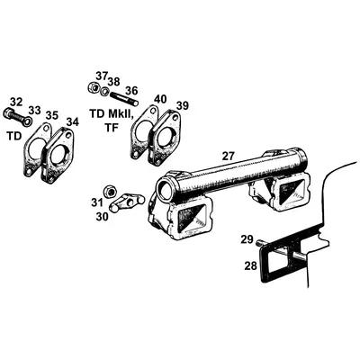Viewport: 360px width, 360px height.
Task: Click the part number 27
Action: [229, 156]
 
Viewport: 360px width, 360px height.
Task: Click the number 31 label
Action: [96, 202]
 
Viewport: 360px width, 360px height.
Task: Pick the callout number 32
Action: [15, 102]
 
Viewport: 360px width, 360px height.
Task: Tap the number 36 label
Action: [130, 90]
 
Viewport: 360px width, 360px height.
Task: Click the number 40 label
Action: [159, 98]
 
